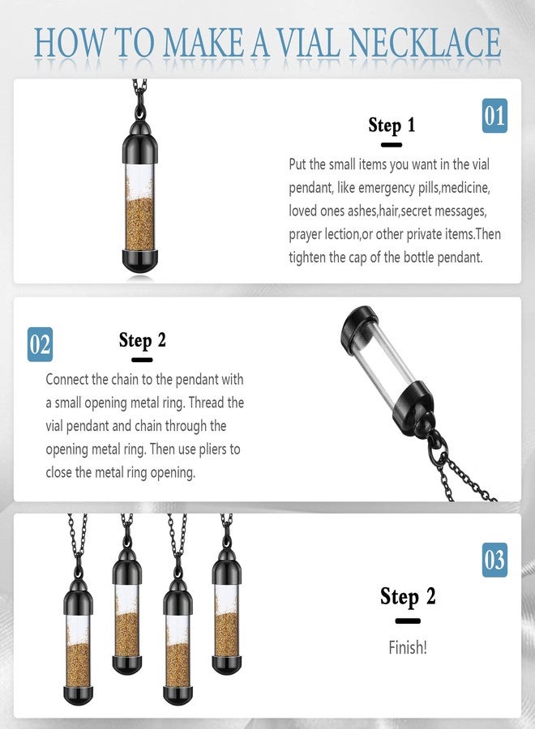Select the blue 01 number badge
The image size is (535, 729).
[x=494, y=116]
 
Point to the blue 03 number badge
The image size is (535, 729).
[x=494, y=560]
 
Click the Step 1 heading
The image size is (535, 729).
[x=392, y=125]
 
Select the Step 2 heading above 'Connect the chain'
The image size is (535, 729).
[x=142, y=339]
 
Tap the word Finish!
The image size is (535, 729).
[x=408, y=649]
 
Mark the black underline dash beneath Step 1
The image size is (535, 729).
[x=392, y=145]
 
